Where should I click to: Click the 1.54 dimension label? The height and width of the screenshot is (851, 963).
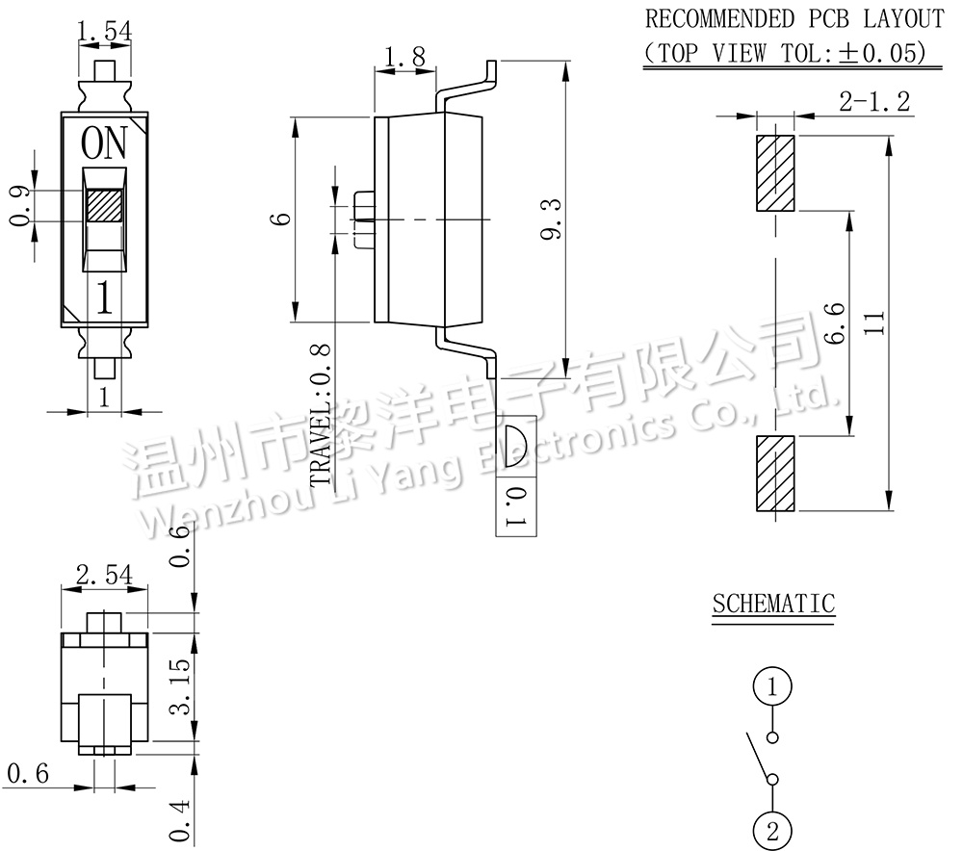click(103, 31)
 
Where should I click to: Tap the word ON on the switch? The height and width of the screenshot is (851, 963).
click(103, 144)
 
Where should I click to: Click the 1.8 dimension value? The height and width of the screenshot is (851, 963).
click(403, 58)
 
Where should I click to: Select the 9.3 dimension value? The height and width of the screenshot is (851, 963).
click(550, 219)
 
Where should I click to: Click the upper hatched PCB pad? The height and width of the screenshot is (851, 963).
click(775, 173)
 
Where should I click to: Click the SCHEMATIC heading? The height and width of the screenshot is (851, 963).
click(773, 604)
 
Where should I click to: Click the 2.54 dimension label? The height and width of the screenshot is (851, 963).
click(103, 576)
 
